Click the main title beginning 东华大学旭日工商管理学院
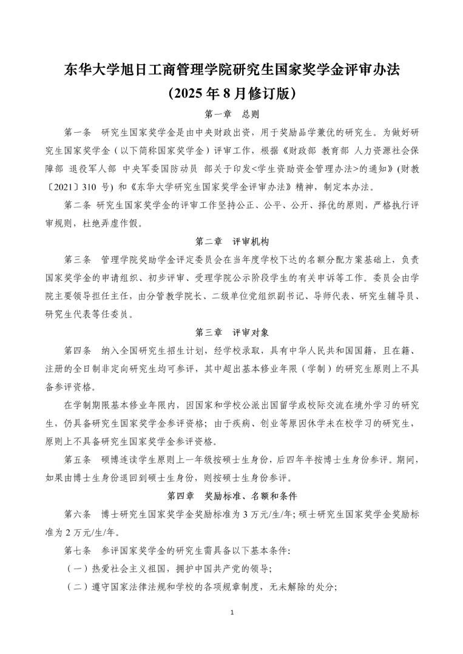click(x=231, y=70)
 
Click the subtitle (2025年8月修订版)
click(x=231, y=93)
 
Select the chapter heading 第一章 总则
click(x=231, y=114)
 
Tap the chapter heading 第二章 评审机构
click(x=231, y=241)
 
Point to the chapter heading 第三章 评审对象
click(x=231, y=332)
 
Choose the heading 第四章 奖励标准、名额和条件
click(x=231, y=496)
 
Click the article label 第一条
click(x=77, y=132)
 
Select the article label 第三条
click(x=77, y=259)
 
